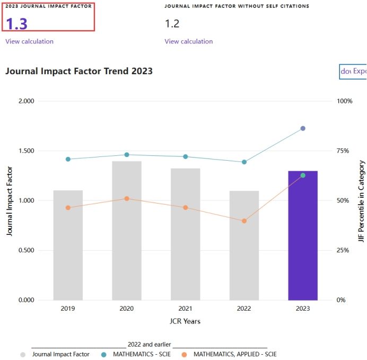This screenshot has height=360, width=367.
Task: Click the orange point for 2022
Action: point(244,221)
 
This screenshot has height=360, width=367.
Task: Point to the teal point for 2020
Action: point(127,155)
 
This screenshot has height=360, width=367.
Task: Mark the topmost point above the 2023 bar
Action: point(303,128)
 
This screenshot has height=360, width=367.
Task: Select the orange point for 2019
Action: point(68,208)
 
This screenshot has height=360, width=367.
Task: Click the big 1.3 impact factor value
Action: point(16,24)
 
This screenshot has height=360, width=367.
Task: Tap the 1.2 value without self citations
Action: point(172,24)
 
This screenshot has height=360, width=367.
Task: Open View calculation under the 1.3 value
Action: point(29,41)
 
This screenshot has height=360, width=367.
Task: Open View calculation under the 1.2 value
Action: point(188,41)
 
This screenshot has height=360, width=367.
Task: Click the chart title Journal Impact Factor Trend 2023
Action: point(79,71)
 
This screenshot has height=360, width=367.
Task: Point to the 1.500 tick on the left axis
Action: point(27,151)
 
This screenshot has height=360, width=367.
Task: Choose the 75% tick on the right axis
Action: point(344,151)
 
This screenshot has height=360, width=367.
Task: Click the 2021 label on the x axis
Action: point(185,309)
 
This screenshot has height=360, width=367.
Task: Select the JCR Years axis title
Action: point(185,321)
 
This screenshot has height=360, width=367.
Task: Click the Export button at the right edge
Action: point(353,71)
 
